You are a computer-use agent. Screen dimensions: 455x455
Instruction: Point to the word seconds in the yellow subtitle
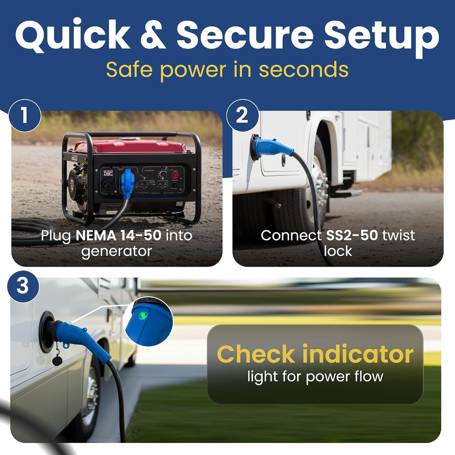(303, 70)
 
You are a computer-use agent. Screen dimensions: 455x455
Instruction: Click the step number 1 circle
(25, 116)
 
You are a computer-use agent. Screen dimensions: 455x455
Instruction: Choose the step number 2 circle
(242, 116)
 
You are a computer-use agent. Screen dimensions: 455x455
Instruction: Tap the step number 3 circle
(23, 287)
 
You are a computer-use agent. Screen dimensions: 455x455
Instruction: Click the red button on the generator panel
(175, 175)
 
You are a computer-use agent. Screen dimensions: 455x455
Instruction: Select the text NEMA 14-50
(118, 235)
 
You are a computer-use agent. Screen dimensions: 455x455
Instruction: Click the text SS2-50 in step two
(352, 235)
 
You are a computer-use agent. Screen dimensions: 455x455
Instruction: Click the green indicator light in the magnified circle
(142, 315)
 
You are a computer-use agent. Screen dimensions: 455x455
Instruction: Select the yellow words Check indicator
(315, 354)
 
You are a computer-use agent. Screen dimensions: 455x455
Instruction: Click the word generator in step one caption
(117, 251)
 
